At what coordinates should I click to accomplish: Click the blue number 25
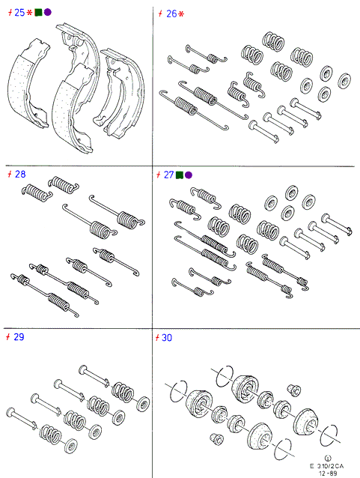pyautogui.click(x=19, y=13)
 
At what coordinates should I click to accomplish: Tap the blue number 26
pyautogui.click(x=171, y=13)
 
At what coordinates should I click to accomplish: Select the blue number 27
pyautogui.click(x=168, y=175)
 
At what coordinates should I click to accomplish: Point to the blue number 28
pyautogui.click(x=20, y=175)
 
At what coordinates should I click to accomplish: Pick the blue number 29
pyautogui.click(x=19, y=337)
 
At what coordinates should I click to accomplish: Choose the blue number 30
pyautogui.click(x=167, y=338)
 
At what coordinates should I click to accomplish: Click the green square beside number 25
pyautogui.click(x=38, y=13)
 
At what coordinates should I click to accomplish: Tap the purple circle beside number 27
pyautogui.click(x=189, y=175)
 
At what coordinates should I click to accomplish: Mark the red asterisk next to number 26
pyautogui.click(x=181, y=14)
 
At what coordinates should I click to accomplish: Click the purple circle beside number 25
pyautogui.click(x=47, y=12)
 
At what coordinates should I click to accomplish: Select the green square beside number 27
pyautogui.click(x=180, y=175)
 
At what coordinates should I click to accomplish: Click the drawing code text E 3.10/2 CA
pyautogui.click(x=327, y=466)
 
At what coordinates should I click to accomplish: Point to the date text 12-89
pyautogui.click(x=328, y=474)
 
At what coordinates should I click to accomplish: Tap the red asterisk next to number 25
pyautogui.click(x=29, y=13)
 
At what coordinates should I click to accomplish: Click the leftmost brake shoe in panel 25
pyautogui.click(x=28, y=83)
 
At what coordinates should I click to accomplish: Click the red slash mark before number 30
pyautogui.click(x=157, y=338)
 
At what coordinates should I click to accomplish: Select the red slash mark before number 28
pyautogui.click(x=10, y=175)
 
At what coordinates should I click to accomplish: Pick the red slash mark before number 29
pyautogui.click(x=8, y=337)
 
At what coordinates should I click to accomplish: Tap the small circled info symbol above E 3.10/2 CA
pyautogui.click(x=328, y=459)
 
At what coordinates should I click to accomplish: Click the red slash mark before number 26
pyautogui.click(x=161, y=13)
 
